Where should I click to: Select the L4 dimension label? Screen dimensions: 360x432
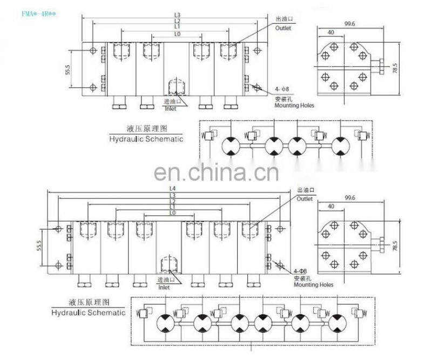point(172,189)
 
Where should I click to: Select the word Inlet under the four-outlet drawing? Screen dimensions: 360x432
point(171,109)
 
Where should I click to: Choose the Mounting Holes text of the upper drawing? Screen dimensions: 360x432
point(294,105)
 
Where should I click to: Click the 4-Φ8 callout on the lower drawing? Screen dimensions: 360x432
point(300,271)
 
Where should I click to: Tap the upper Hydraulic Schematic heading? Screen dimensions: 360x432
point(146,138)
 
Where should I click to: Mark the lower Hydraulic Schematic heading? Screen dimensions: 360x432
point(88,312)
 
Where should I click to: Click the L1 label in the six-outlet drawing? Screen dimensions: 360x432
point(172,207)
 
